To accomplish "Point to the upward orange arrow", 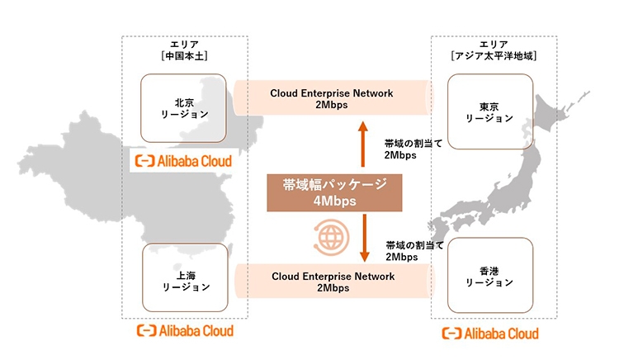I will (x=361, y=145).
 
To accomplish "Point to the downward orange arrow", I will (x=361, y=237).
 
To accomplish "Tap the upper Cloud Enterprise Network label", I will (x=331, y=92).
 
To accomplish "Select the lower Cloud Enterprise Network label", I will (x=331, y=276).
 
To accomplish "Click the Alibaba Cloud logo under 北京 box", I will (x=183, y=159).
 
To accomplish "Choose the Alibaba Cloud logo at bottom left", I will (x=183, y=331).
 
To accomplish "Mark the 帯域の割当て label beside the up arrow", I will (x=413, y=143).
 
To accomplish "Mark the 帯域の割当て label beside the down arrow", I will (x=413, y=245).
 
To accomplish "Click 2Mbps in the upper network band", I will (x=331, y=106).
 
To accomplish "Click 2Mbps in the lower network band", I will (x=331, y=289).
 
